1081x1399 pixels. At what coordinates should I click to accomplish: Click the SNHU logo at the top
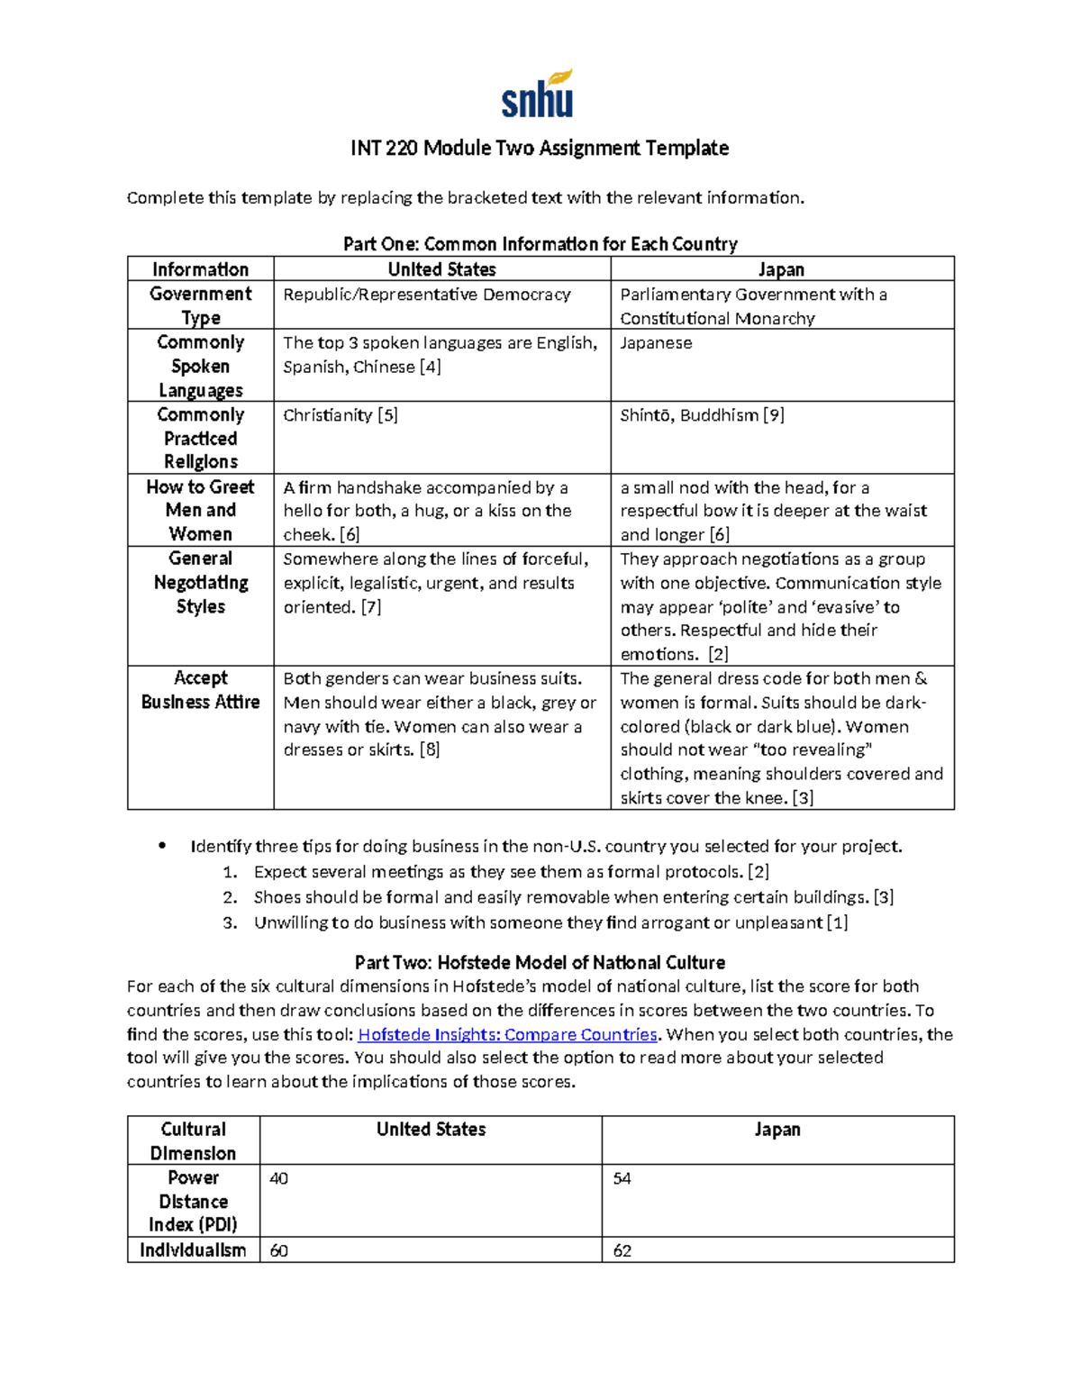538,95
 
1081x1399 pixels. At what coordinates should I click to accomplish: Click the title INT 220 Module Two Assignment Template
540,148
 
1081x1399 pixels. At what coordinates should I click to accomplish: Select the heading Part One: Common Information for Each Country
540,244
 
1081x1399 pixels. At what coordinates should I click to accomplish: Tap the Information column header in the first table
200,269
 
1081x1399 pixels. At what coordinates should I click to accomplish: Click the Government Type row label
200,305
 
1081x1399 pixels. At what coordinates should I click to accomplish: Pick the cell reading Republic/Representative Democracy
427,295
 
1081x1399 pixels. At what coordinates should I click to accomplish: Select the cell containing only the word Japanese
656,343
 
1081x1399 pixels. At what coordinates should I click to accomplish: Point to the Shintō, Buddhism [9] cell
702,415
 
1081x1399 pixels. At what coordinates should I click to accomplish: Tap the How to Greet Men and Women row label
200,510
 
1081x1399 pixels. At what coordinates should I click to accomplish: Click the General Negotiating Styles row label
200,583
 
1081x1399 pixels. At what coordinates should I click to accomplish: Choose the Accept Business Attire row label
200,690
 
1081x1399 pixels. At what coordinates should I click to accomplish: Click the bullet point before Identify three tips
162,846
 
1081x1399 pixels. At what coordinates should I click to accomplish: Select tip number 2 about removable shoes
573,897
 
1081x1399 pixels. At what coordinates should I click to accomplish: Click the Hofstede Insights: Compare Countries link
507,1034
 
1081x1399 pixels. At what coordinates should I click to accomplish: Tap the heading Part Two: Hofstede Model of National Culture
540,962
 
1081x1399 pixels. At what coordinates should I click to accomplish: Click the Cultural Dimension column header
193,1140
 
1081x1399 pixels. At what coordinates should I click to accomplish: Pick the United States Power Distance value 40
279,1179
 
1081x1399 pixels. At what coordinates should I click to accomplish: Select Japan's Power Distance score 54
622,1179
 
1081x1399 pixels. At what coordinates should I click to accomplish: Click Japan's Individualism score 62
622,1250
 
